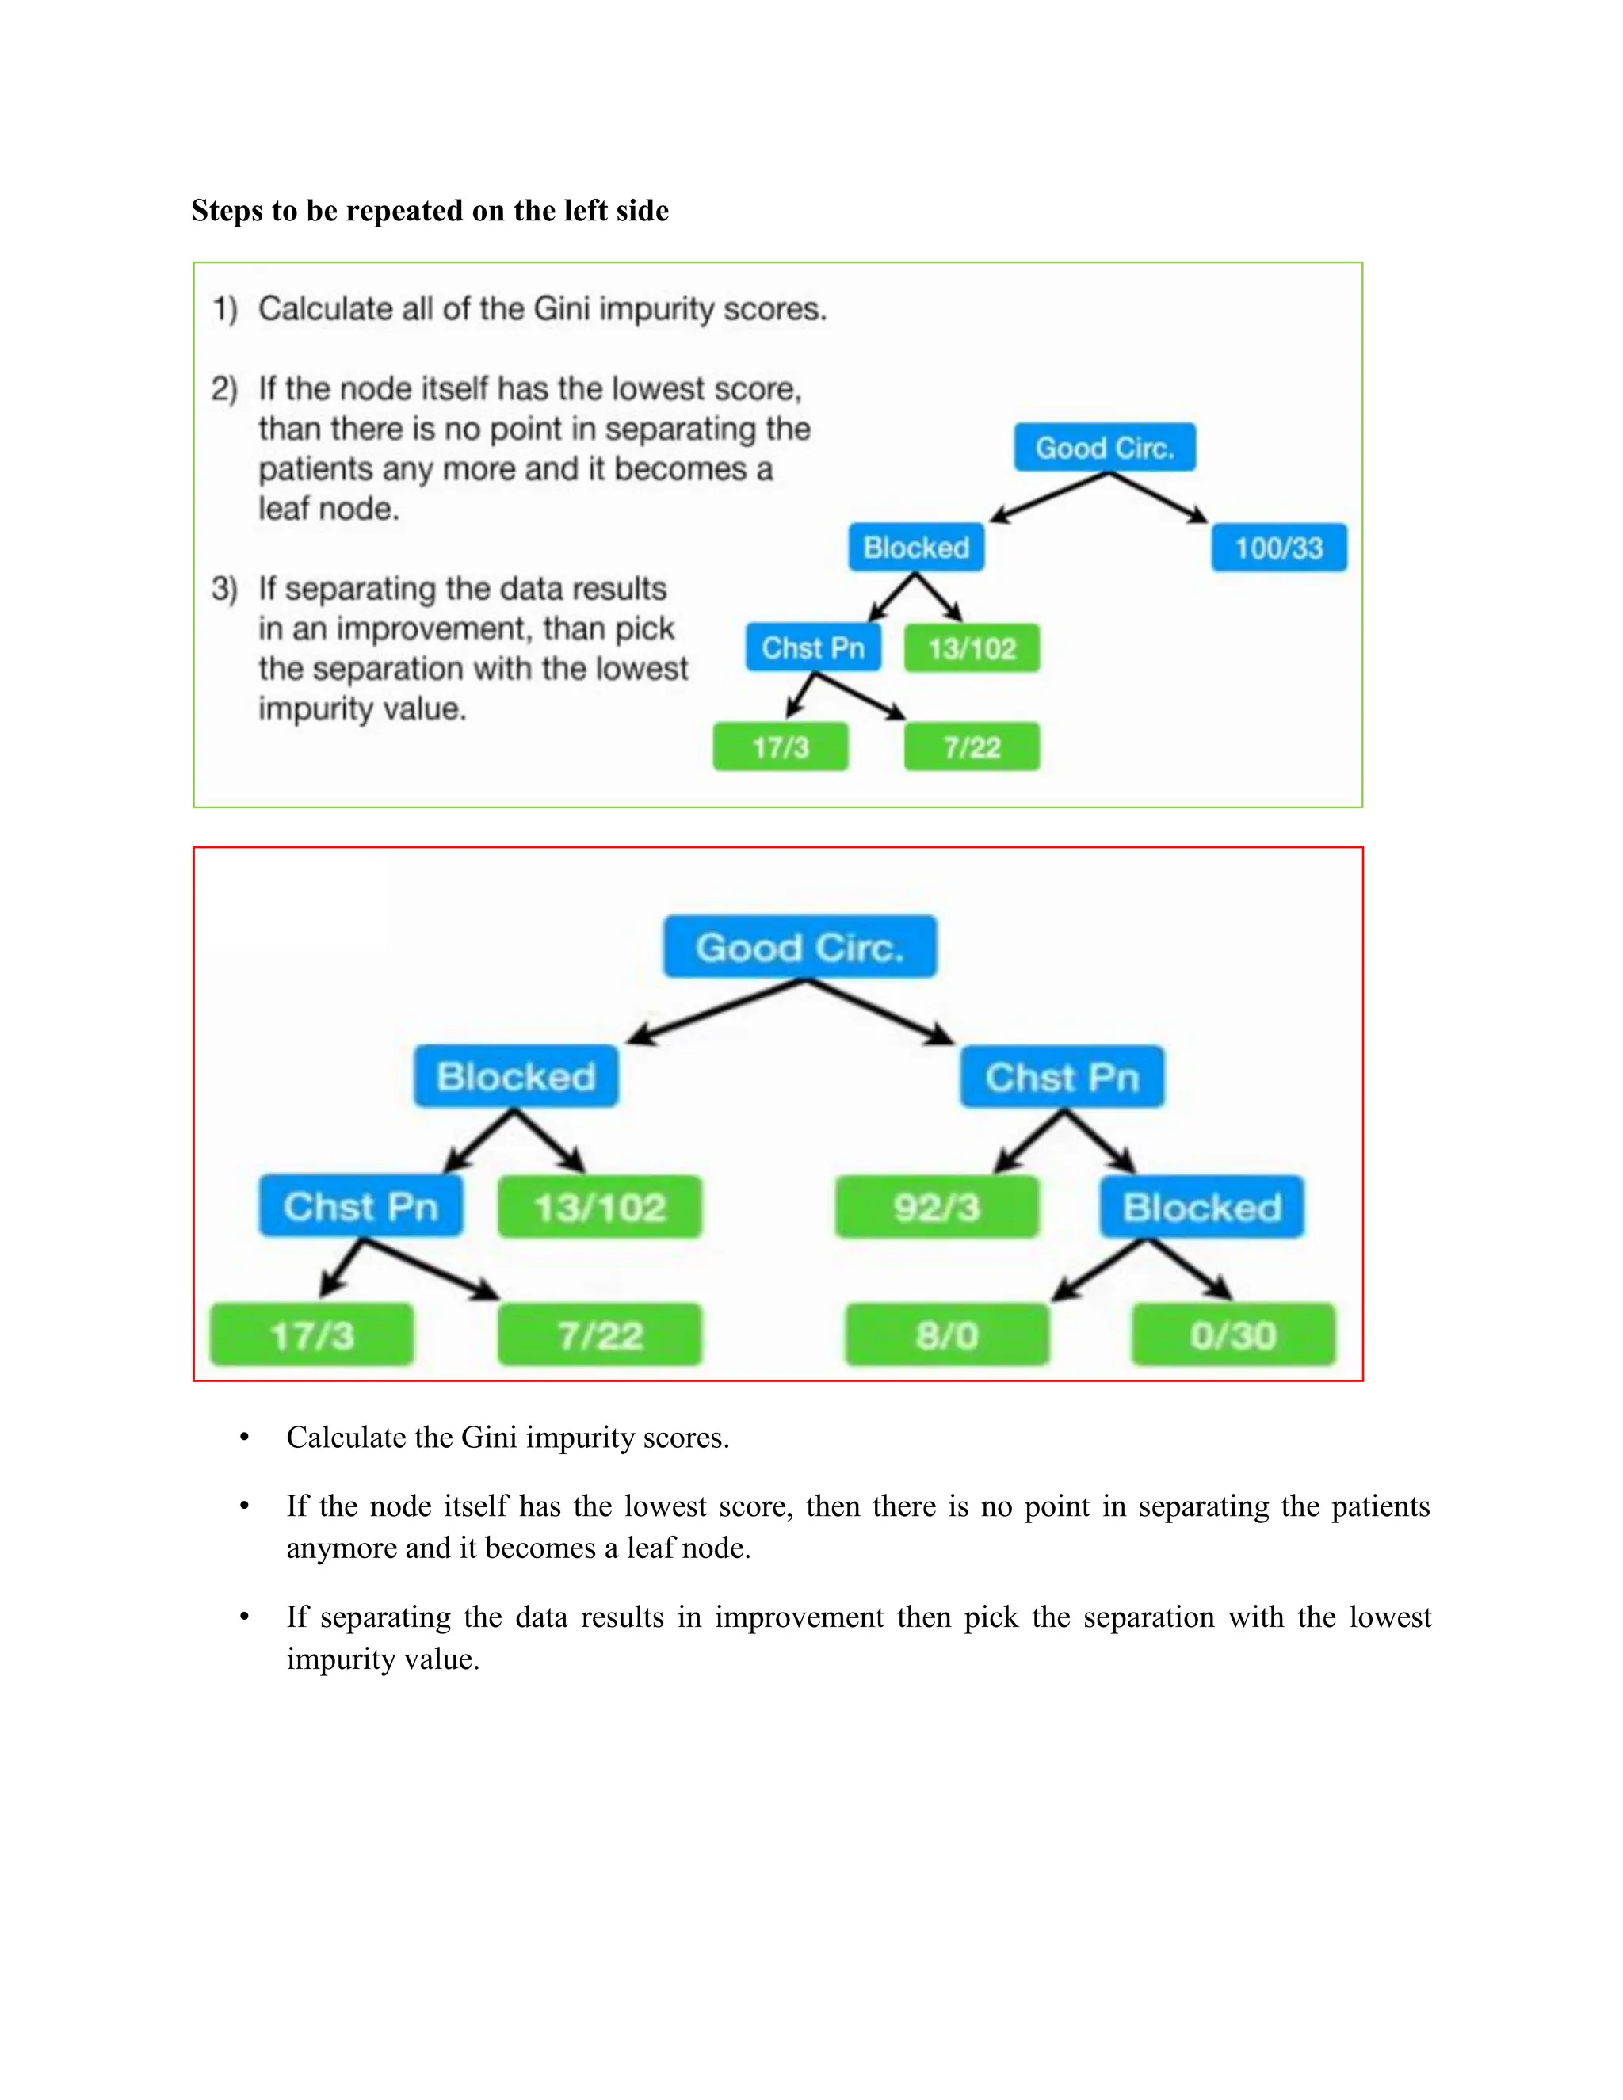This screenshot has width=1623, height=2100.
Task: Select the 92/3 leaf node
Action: [x=937, y=1207]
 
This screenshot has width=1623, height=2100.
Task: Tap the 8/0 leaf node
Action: [x=946, y=1334]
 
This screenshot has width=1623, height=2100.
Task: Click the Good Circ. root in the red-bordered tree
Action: [x=799, y=947]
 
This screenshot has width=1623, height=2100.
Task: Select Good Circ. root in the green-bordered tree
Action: [x=1105, y=448]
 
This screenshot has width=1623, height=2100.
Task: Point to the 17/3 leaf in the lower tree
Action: [x=311, y=1334]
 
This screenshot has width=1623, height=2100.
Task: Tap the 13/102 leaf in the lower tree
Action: [x=599, y=1207]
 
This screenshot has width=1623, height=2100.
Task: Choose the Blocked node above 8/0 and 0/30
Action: [x=1202, y=1207]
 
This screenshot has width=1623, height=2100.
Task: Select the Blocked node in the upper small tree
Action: [x=915, y=548]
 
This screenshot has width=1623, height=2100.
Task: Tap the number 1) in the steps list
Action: [x=225, y=310]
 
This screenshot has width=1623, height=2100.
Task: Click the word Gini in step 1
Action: [x=562, y=310]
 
